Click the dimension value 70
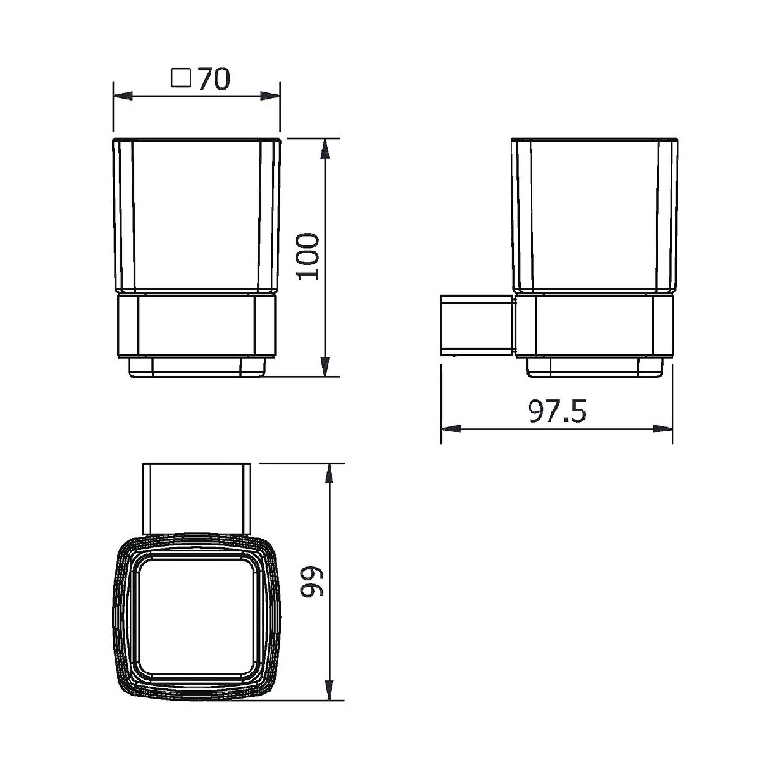click(x=213, y=79)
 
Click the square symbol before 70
click(x=181, y=78)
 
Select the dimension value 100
click(x=308, y=256)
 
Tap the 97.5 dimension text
click(x=557, y=411)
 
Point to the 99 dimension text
click(x=311, y=581)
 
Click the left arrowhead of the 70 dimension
click(x=124, y=96)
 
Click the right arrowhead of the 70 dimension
click(x=271, y=96)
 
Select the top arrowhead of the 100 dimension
click(x=325, y=149)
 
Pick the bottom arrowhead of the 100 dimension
click(x=325, y=366)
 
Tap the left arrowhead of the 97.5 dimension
click(x=451, y=429)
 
